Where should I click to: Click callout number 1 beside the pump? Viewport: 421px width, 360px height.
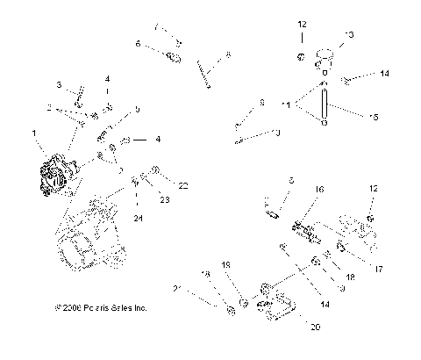pyautogui.click(x=35, y=133)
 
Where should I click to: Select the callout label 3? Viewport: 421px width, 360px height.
pyautogui.click(x=59, y=85)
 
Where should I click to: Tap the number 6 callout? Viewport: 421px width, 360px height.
pyautogui.click(x=138, y=43)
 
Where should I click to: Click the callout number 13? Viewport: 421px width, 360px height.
pyautogui.click(x=349, y=34)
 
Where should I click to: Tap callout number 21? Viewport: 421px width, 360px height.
pyautogui.click(x=176, y=289)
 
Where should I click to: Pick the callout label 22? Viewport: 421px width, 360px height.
pyautogui.click(x=184, y=185)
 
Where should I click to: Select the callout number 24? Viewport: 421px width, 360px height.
pyautogui.click(x=138, y=217)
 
